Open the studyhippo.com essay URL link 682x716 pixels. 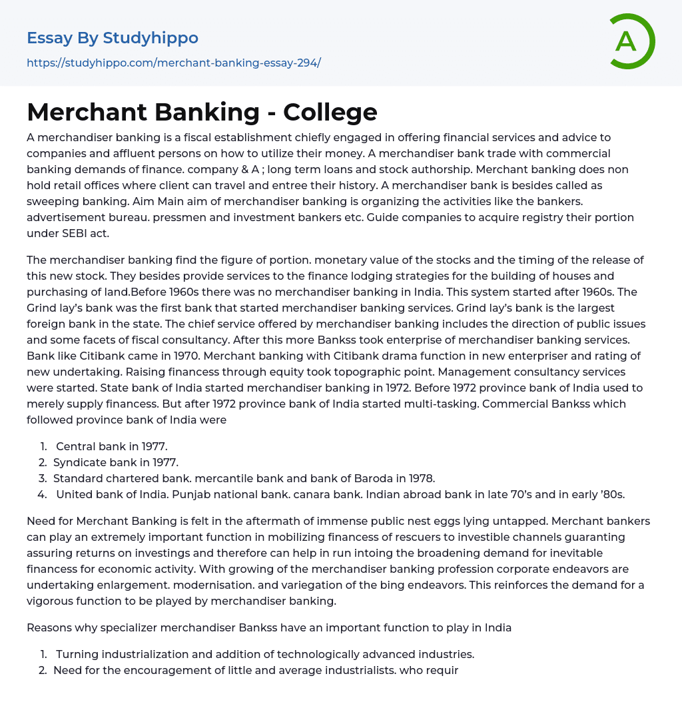click(x=174, y=63)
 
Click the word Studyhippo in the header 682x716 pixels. click(x=151, y=38)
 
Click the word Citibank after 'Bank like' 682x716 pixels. click(x=100, y=356)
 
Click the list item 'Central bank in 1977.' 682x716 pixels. click(x=111, y=446)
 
